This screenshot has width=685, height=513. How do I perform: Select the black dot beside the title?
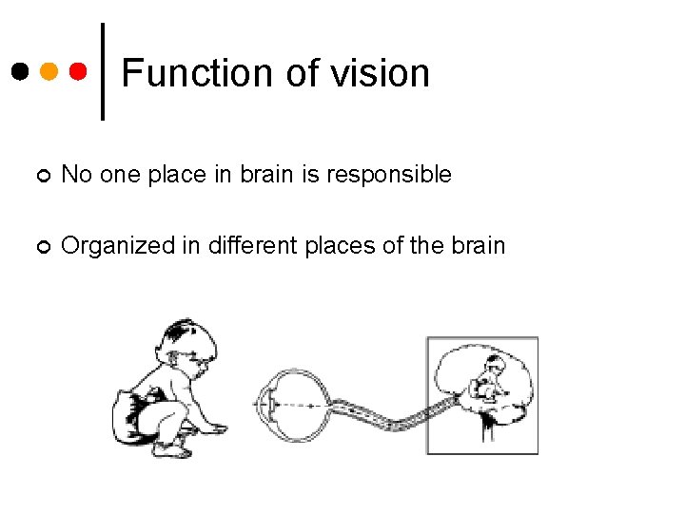pyautogui.click(x=20, y=71)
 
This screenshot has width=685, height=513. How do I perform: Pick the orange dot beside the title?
pyautogui.click(x=49, y=71)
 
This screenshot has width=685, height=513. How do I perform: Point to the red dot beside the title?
pyautogui.click(x=79, y=71)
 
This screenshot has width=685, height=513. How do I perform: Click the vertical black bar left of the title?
pyautogui.click(x=103, y=71)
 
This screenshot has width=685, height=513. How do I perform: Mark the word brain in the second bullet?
pyautogui.click(x=478, y=245)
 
